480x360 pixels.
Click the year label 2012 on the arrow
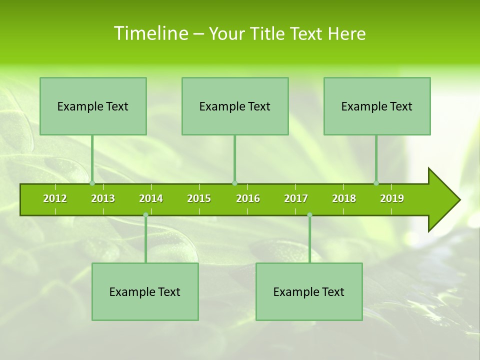(x=55, y=198)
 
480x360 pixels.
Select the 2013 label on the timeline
(x=103, y=198)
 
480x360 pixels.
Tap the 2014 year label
(x=151, y=198)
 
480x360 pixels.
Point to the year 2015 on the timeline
(x=199, y=198)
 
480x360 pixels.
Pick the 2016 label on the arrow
(x=248, y=198)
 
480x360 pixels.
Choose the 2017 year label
(x=296, y=198)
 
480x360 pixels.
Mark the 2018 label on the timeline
(x=344, y=198)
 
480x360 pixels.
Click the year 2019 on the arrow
(x=392, y=198)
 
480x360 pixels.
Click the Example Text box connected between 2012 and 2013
(x=93, y=106)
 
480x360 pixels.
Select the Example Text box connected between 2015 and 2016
(x=235, y=106)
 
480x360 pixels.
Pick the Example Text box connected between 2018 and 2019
(x=377, y=106)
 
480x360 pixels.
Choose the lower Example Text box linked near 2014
(x=145, y=291)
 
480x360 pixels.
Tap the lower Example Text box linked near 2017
(x=309, y=291)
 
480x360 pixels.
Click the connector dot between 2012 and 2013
(x=92, y=183)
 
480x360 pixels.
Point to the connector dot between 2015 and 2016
(x=234, y=183)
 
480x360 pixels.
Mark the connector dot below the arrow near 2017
(x=309, y=215)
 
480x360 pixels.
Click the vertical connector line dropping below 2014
(x=145, y=240)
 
